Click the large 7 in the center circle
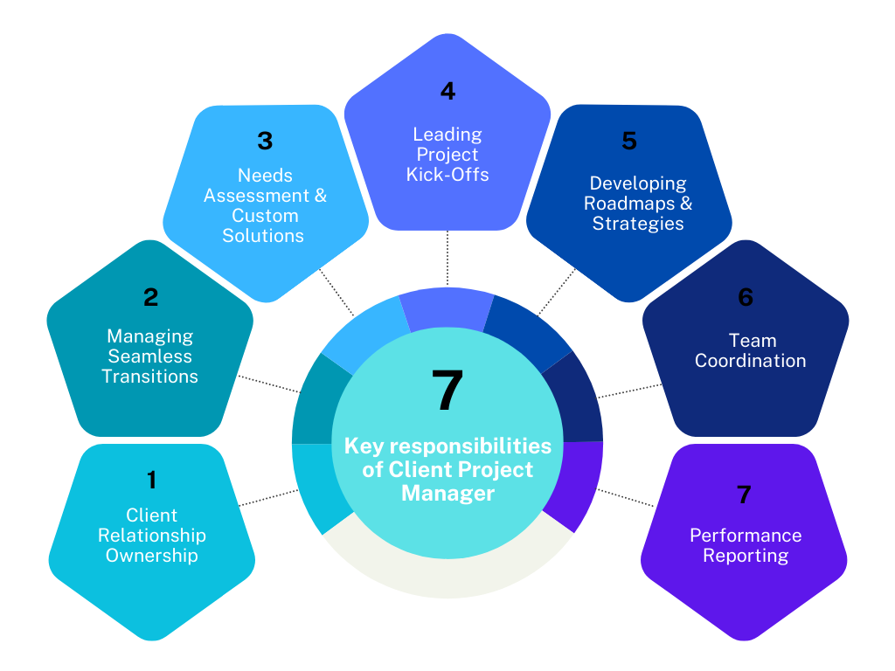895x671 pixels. pyautogui.click(x=447, y=391)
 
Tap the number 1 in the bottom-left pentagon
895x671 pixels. pyautogui.click(x=151, y=480)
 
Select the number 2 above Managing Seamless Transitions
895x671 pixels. pyautogui.click(x=150, y=298)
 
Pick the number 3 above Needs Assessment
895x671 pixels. pyautogui.click(x=265, y=141)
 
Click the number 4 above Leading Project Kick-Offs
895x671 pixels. pyautogui.click(x=447, y=91)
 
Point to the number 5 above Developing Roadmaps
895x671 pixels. pyautogui.click(x=629, y=141)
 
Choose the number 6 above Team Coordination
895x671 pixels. pyautogui.click(x=745, y=298)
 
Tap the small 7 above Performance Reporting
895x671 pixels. pyautogui.click(x=744, y=495)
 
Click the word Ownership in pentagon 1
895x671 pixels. pyautogui.click(x=152, y=555)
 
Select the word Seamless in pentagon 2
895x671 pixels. pyautogui.click(x=150, y=356)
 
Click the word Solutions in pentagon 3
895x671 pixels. pyautogui.click(x=263, y=236)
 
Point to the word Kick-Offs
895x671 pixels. pyautogui.click(x=447, y=175)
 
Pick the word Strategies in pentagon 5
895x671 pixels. pyautogui.click(x=638, y=224)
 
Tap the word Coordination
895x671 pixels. pyautogui.click(x=750, y=361)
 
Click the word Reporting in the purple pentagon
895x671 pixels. pyautogui.click(x=746, y=556)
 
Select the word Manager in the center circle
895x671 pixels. pyautogui.click(x=447, y=494)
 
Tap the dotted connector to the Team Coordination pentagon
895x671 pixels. pyautogui.click(x=629, y=391)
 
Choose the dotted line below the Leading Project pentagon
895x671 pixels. pyautogui.click(x=447, y=258)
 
